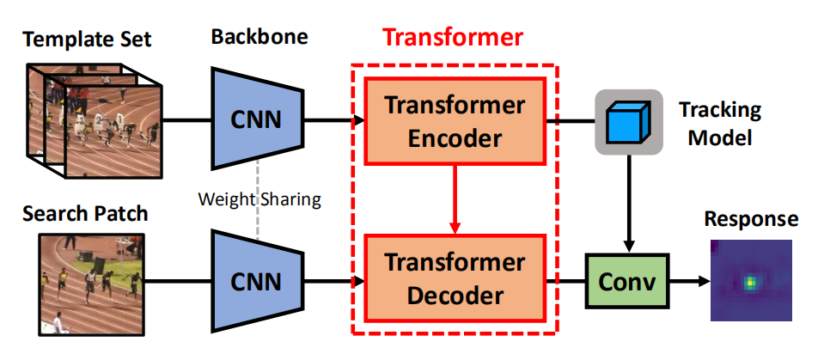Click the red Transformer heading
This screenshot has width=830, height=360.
click(453, 38)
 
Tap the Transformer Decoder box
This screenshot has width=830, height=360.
click(454, 280)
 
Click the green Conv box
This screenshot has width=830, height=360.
click(626, 280)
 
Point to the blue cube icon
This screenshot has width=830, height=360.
click(629, 121)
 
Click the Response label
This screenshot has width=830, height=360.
click(750, 219)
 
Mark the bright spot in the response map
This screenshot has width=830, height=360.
click(750, 281)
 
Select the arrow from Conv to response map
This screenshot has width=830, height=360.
click(687, 280)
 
